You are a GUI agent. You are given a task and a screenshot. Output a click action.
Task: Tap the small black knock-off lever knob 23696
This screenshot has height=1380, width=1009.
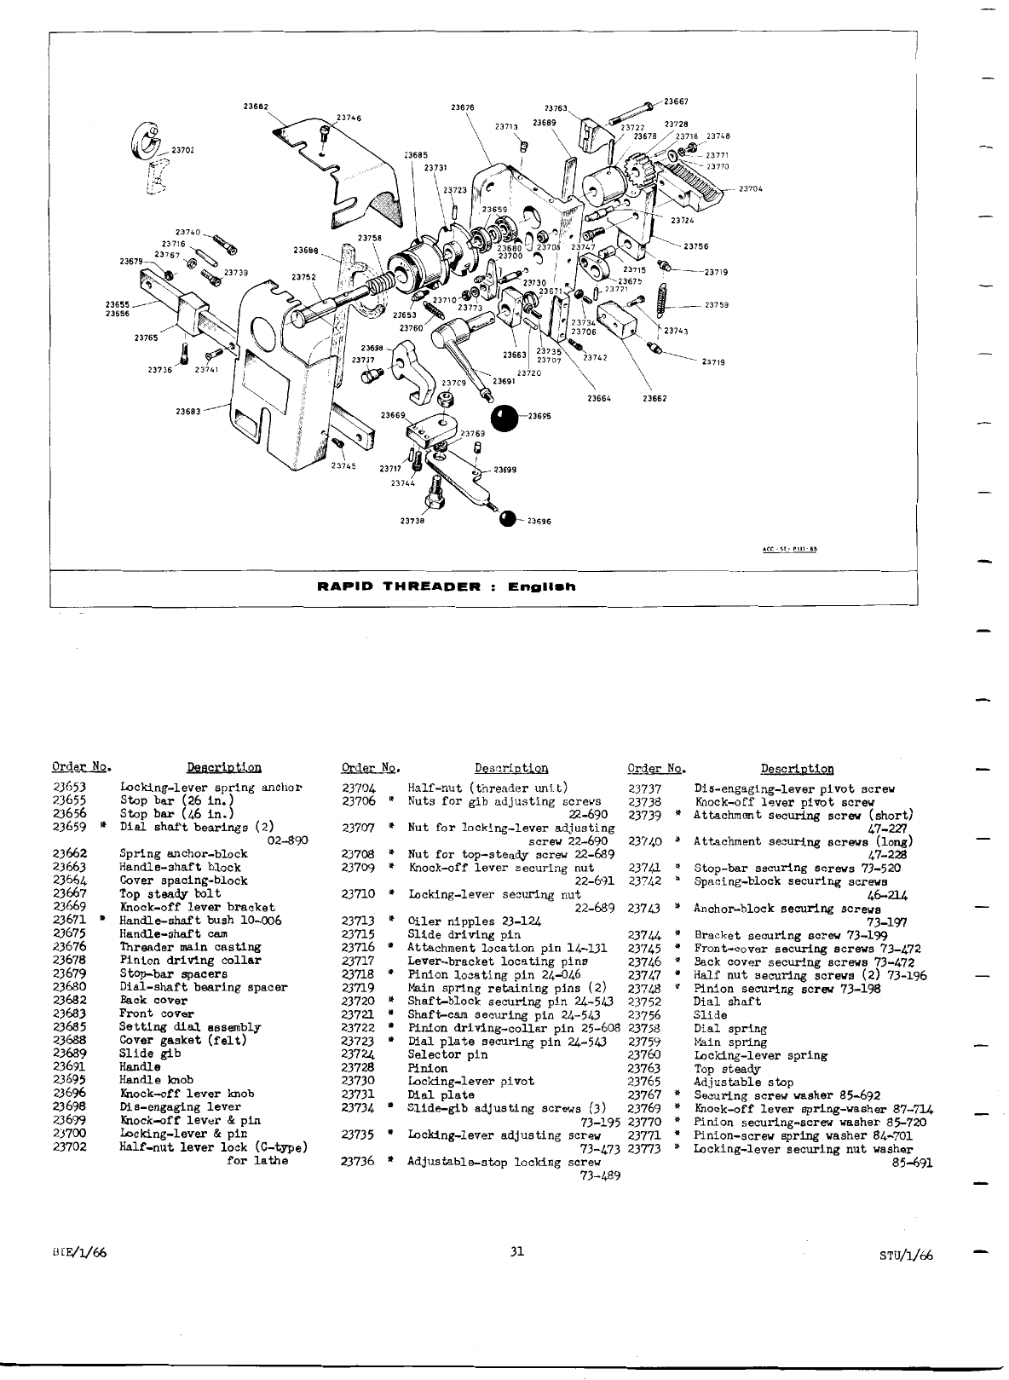(508, 519)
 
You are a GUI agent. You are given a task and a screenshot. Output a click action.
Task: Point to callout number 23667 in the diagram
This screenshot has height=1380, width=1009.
(677, 101)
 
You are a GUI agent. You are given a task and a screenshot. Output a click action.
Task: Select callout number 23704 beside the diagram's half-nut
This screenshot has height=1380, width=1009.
(750, 188)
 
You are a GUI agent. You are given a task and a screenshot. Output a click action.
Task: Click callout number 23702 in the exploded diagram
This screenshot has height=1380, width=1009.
(182, 150)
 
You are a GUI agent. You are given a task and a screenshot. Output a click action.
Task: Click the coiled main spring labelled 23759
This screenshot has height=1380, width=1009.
(663, 303)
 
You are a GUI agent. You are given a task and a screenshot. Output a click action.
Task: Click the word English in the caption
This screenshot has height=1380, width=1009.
(542, 586)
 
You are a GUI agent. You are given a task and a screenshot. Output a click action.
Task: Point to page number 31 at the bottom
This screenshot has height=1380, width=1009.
(516, 1252)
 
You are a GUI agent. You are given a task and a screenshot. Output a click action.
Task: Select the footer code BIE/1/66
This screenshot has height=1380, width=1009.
(78, 1252)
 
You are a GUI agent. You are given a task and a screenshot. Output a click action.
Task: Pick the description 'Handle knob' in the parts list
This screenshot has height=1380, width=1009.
(157, 1080)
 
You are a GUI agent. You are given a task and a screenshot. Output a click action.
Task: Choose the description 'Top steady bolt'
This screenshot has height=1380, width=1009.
(170, 893)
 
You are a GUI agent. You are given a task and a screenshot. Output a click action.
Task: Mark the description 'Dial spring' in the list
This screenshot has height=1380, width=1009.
(730, 1029)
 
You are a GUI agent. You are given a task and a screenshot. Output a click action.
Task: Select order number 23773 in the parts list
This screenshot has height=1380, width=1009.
(645, 1149)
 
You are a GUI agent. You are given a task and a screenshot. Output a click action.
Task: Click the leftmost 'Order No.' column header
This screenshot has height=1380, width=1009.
(81, 768)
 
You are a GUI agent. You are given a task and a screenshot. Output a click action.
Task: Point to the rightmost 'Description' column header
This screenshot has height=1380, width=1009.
(797, 769)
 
